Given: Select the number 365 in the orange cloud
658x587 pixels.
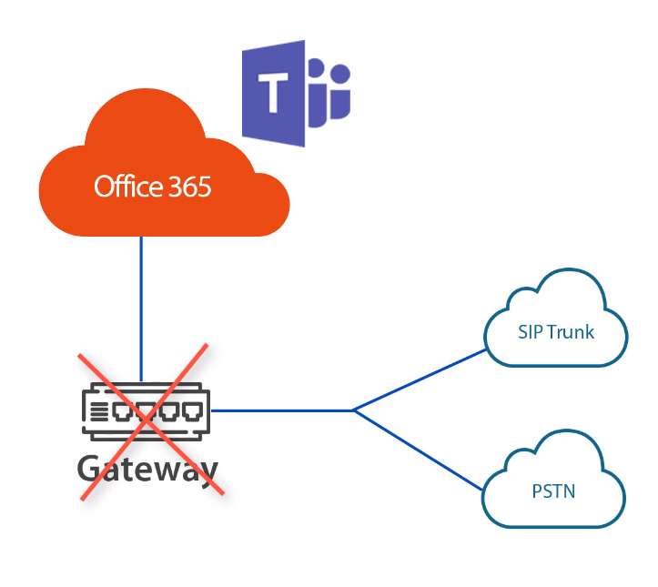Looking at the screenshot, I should (x=189, y=187).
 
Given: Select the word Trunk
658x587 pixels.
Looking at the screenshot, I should (x=570, y=332).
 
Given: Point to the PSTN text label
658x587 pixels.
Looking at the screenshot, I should (x=553, y=492).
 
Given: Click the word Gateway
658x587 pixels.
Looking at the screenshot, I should (x=147, y=469).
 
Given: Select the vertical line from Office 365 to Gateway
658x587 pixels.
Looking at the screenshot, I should (x=142, y=300).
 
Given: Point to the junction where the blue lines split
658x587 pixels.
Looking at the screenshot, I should (x=353, y=410).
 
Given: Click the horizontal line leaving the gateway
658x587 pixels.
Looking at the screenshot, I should (x=282, y=410).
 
